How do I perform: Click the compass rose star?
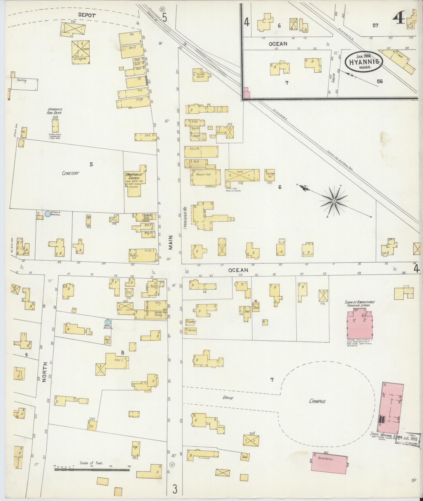334,201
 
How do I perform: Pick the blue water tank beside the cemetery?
47,214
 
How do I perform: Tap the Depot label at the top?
86,15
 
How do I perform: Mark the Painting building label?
22,80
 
